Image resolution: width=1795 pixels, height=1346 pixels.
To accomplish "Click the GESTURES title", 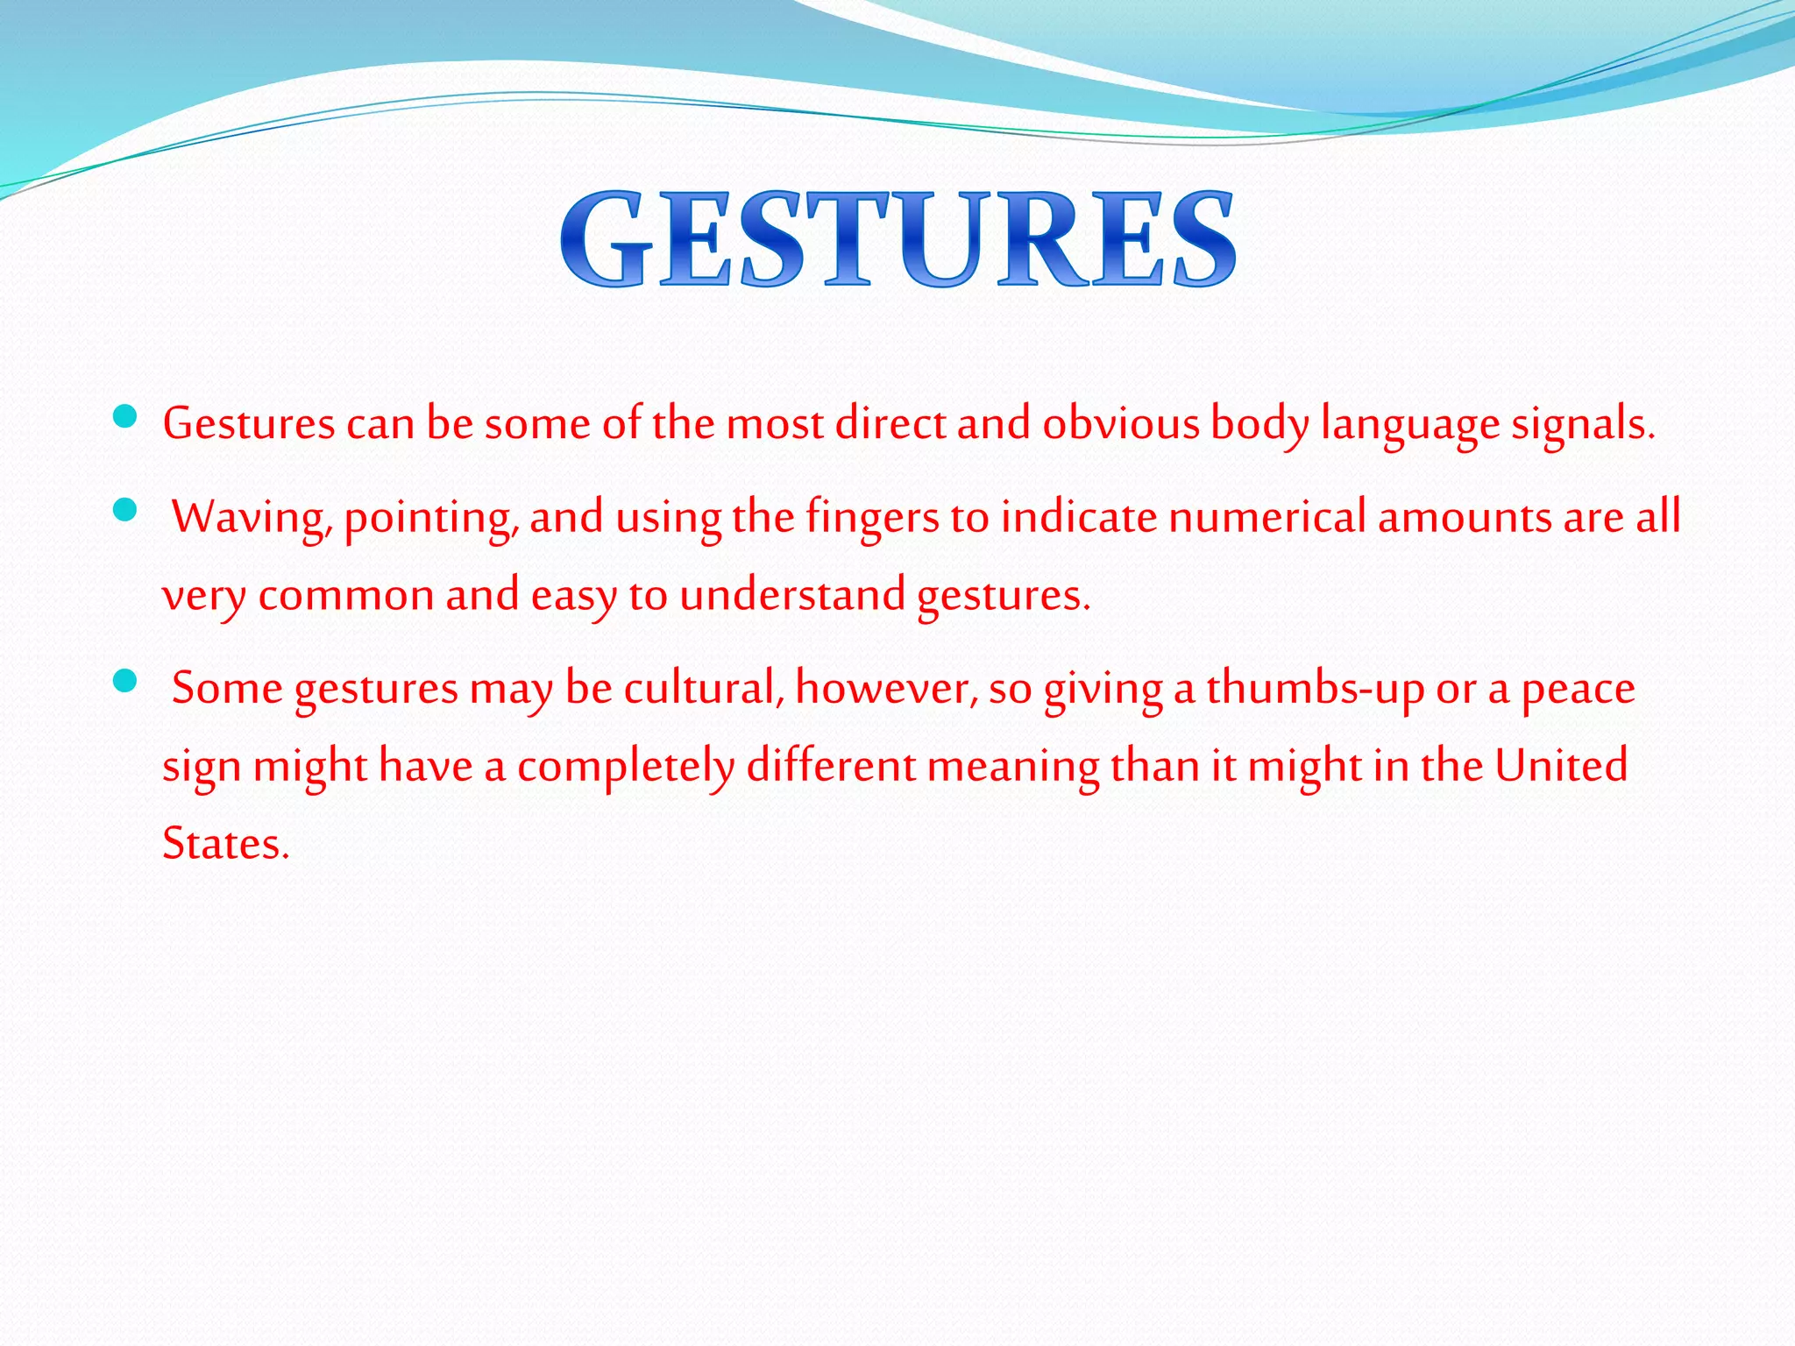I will pos(897,239).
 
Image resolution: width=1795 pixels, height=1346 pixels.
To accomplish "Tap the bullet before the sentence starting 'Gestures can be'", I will pos(125,416).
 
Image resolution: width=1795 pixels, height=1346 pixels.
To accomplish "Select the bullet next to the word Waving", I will pos(125,509).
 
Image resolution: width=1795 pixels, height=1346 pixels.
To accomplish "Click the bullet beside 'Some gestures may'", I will pos(125,680).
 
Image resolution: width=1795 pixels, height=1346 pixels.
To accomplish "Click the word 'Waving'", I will pos(252,517).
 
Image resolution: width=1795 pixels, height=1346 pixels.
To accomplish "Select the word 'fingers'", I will pos(872,517).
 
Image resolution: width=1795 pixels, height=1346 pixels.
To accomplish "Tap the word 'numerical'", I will pos(1266,516).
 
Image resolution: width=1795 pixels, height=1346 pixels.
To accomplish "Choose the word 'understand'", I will pos(791,595).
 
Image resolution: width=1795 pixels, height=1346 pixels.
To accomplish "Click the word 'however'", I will pos(886,688).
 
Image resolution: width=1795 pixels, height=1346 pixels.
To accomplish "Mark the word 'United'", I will pos(1561,766).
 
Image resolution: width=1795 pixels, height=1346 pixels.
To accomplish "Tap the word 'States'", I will pos(224,844).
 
